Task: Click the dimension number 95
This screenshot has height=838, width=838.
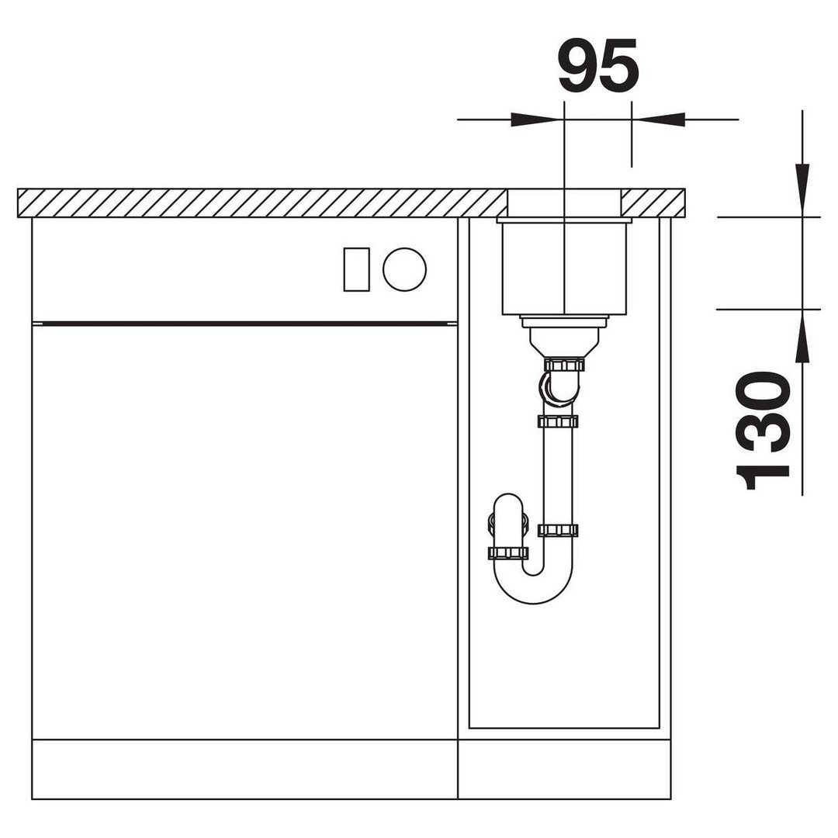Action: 598,65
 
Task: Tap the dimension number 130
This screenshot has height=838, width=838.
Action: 762,431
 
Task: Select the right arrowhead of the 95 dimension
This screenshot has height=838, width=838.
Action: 659,119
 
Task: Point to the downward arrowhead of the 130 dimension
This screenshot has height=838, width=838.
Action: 802,190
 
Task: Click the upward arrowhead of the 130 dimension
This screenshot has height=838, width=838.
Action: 802,336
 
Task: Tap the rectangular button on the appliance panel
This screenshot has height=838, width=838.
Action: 356,269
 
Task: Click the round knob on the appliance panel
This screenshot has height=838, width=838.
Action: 404,269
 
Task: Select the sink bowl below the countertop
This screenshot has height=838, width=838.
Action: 564,268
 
